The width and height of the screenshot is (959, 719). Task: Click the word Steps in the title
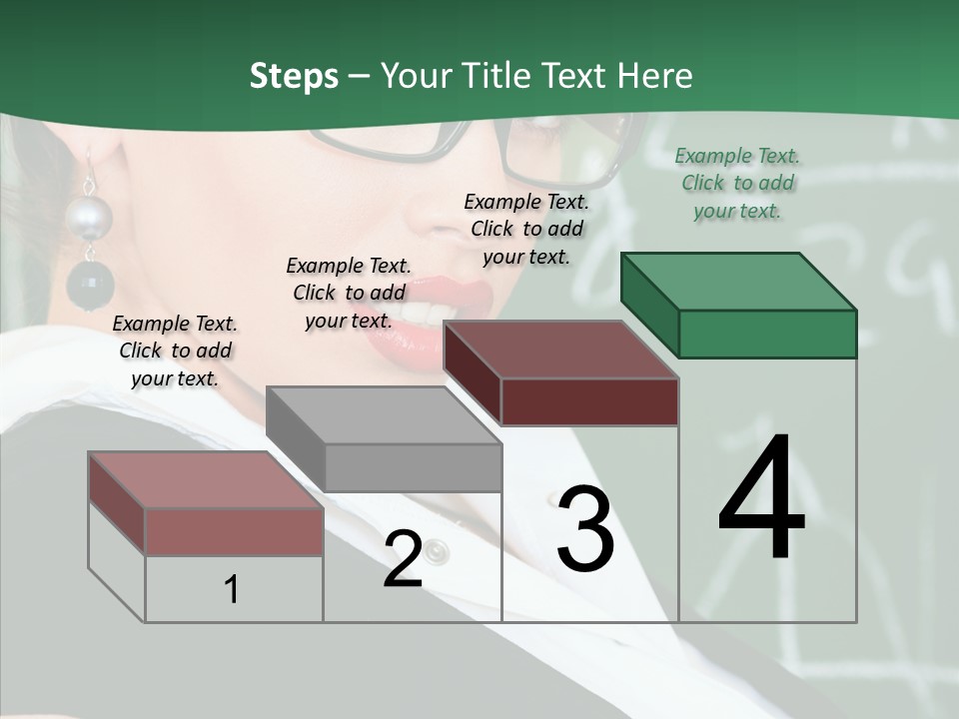pyautogui.click(x=294, y=76)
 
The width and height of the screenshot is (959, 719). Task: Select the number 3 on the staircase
pyautogui.click(x=585, y=529)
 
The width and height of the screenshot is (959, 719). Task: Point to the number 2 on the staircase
pyautogui.click(x=403, y=559)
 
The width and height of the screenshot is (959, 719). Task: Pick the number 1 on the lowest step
pyautogui.click(x=232, y=589)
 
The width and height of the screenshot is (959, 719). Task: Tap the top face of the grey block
pyautogui.click(x=384, y=415)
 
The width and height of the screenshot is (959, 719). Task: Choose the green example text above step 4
pyautogui.click(x=737, y=183)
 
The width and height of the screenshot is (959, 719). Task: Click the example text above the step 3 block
pyautogui.click(x=526, y=229)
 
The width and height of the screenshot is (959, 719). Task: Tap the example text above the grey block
pyautogui.click(x=349, y=293)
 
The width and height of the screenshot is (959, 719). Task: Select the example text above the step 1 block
pyautogui.click(x=175, y=351)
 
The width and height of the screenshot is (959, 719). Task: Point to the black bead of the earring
pyautogui.click(x=90, y=286)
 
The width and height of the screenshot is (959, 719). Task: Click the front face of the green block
pyautogui.click(x=767, y=334)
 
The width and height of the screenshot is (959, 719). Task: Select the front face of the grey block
pyautogui.click(x=413, y=467)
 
